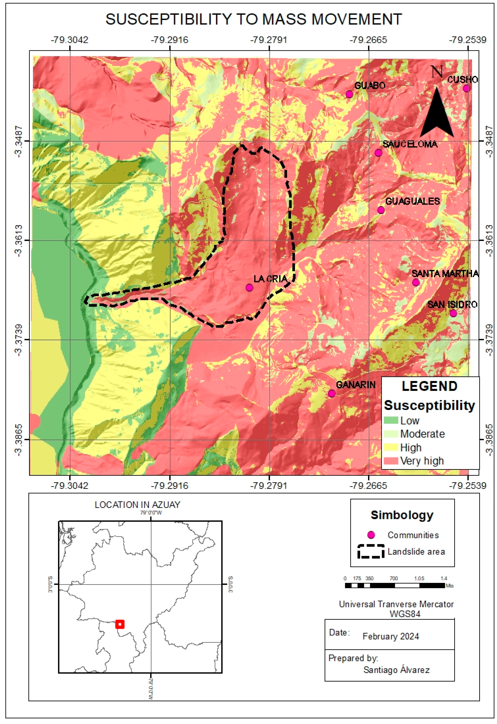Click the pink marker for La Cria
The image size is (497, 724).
(249, 288)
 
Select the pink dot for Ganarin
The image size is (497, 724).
(332, 394)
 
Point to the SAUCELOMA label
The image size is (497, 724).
(410, 144)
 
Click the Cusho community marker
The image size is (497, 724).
(466, 88)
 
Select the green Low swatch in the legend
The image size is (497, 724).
(391, 420)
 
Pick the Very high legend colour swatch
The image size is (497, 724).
(391, 461)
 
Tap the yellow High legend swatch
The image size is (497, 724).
(391, 447)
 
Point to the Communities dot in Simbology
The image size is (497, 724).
(371, 535)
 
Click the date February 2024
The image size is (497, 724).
(391, 636)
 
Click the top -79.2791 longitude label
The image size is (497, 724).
(269, 40)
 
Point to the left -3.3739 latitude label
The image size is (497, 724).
(19, 340)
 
